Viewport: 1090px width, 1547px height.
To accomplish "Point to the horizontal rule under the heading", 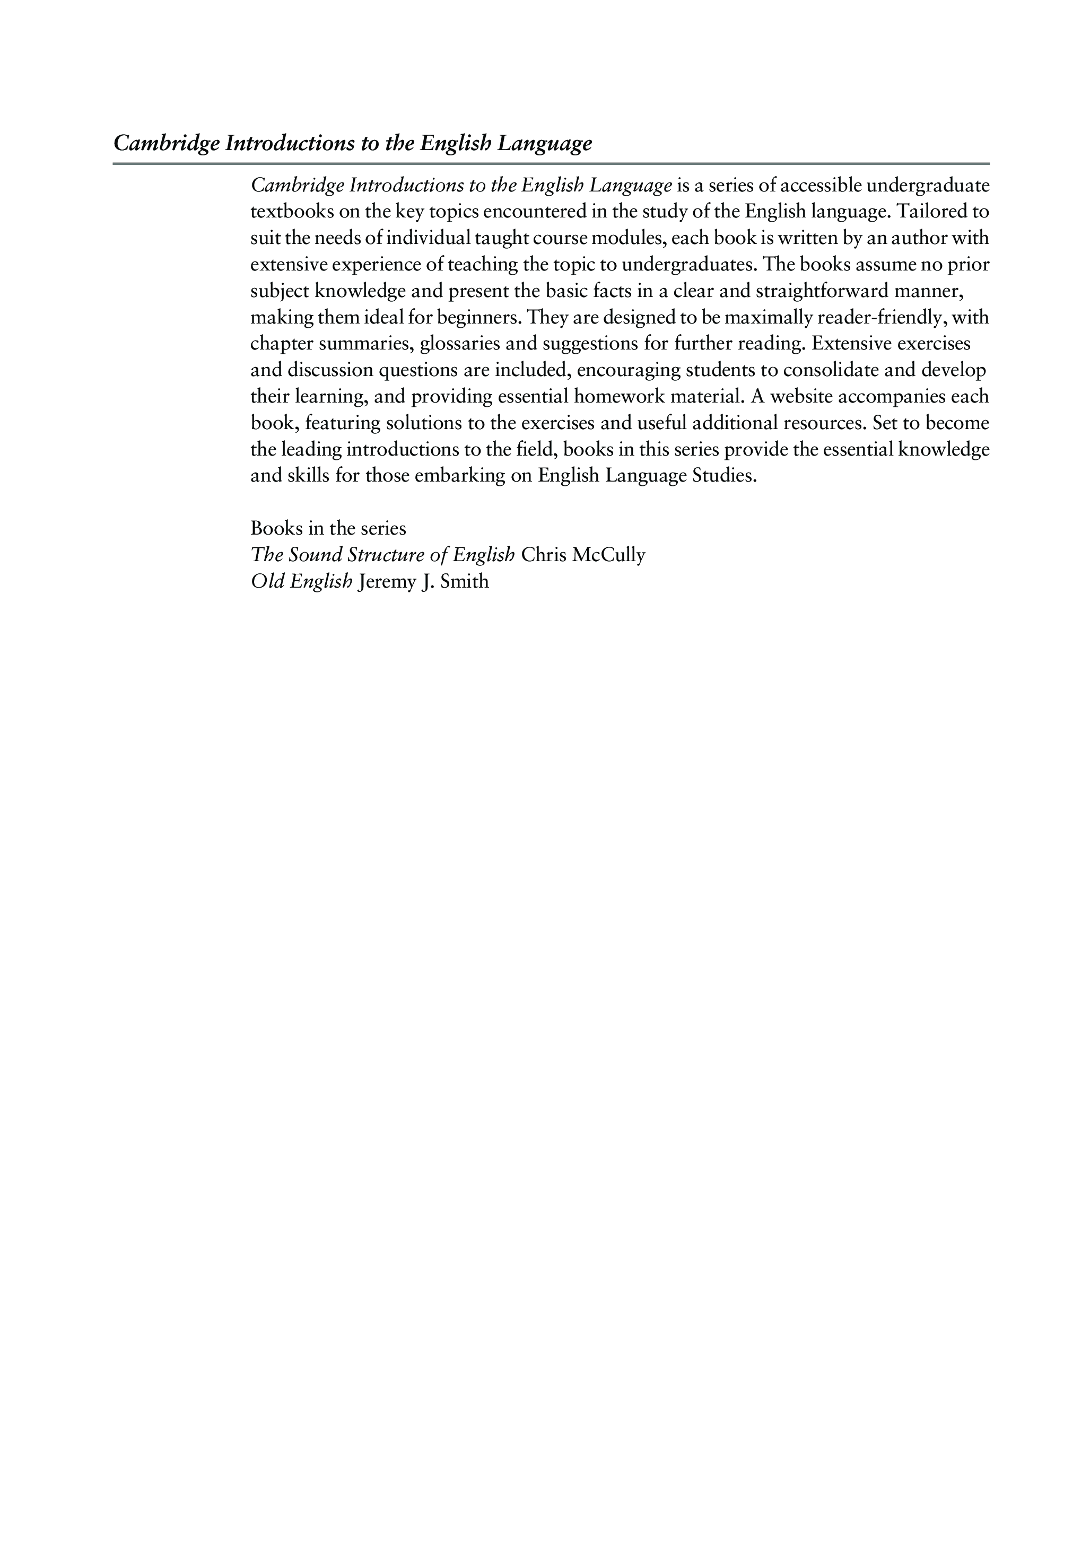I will [x=551, y=164].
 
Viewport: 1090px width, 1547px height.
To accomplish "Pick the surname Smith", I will [x=464, y=581].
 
